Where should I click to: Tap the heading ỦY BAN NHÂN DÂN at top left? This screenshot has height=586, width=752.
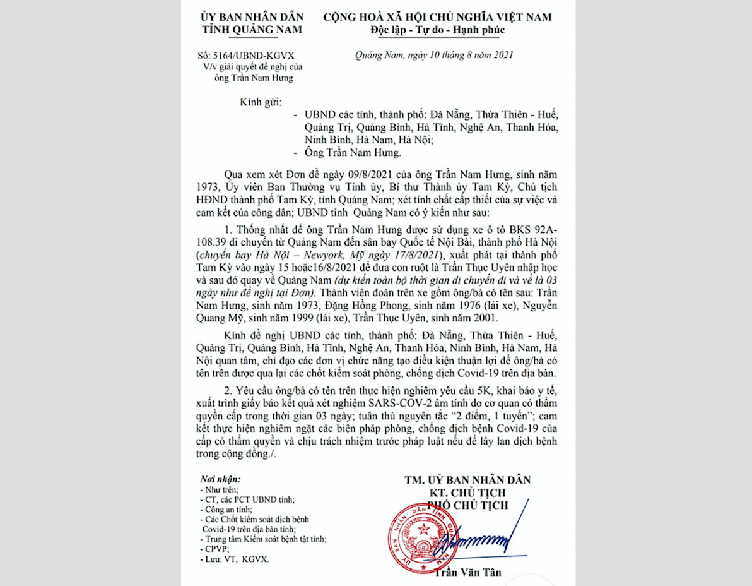[x=252, y=17]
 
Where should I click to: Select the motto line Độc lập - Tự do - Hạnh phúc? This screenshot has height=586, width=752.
[x=437, y=30]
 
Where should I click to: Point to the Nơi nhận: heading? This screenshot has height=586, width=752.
[x=220, y=479]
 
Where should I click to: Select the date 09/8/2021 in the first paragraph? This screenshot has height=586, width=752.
[x=349, y=173]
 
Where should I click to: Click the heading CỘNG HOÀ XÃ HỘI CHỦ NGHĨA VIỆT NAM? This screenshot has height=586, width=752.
[x=437, y=17]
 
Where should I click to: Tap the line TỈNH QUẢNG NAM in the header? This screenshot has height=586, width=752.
[x=252, y=30]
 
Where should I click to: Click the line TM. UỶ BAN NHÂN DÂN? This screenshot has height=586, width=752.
[x=467, y=480]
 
